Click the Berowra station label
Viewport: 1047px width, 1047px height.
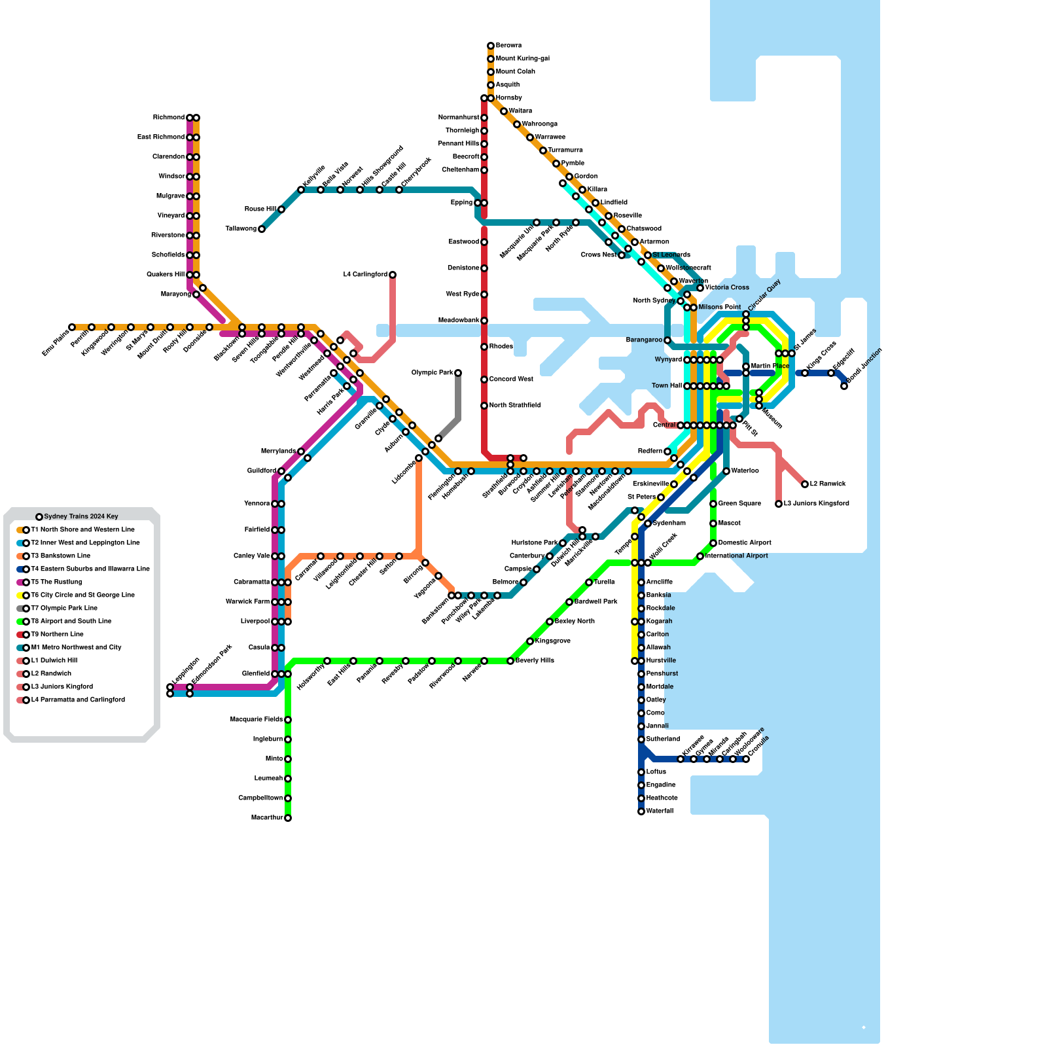coord(508,46)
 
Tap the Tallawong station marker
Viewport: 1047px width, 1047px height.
coord(262,229)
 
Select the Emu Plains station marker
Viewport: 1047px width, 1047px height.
coord(72,327)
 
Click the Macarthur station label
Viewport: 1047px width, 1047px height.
coord(267,818)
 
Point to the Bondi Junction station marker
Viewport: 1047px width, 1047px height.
coord(844,386)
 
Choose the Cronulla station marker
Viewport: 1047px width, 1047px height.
coord(746,759)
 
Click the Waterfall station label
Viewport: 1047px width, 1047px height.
coord(660,811)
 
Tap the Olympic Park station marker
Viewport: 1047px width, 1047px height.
coord(458,373)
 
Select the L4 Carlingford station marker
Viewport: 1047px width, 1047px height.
coord(393,275)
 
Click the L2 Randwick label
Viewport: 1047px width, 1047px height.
coord(828,484)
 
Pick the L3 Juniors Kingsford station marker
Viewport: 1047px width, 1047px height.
coord(779,504)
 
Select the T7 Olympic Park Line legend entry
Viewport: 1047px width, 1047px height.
coord(64,609)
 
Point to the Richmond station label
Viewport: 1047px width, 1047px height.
coord(169,118)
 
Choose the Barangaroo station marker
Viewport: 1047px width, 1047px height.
coord(667,340)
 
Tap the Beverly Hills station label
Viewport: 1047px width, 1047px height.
coord(535,661)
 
